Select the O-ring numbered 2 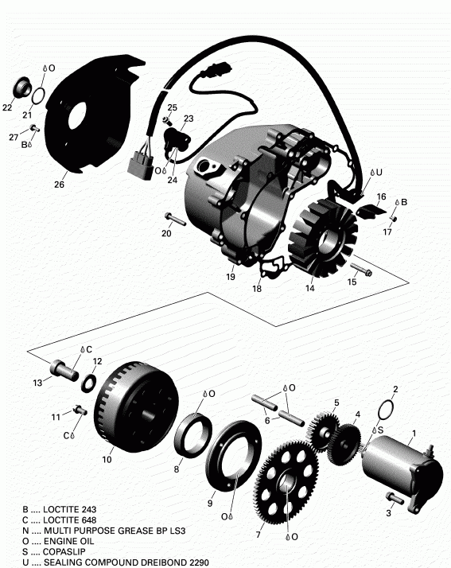click(386, 409)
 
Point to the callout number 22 click(7, 107)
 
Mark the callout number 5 click(336, 403)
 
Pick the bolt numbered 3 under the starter click(394, 497)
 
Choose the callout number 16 click(381, 196)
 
